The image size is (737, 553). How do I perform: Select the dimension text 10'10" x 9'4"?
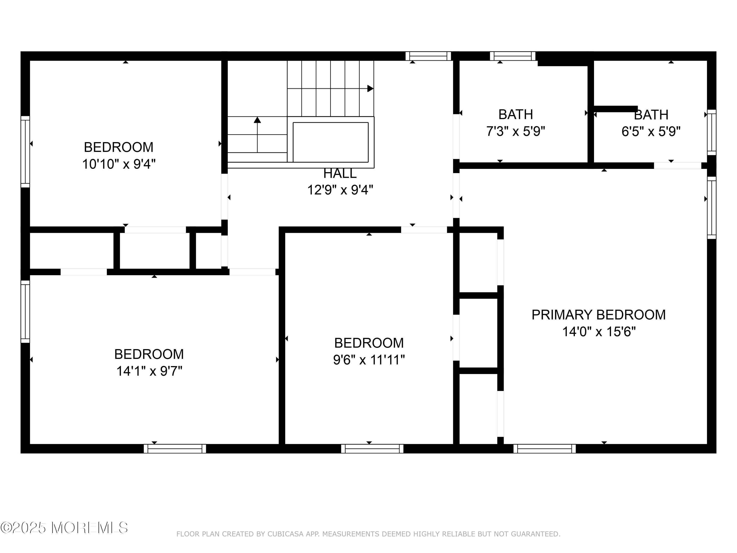tap(119, 164)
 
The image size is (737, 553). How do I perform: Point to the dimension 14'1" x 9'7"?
tap(149, 371)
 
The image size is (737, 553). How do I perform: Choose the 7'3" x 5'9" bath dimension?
tap(515, 131)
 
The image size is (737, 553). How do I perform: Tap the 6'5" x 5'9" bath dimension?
tap(651, 131)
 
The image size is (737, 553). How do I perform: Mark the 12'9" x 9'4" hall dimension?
tap(340, 190)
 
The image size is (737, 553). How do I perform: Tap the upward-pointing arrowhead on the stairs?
tap(257, 120)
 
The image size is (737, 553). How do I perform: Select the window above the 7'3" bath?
tap(512, 56)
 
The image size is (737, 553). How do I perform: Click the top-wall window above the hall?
tap(428, 56)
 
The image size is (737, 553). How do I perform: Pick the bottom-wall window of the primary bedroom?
tap(544, 449)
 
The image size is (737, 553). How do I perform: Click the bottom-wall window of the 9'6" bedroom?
tap(372, 449)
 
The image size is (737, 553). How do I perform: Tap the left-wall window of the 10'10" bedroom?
tap(25, 152)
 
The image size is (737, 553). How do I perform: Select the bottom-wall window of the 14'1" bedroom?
tap(175, 449)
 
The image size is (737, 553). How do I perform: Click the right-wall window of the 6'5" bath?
tap(712, 132)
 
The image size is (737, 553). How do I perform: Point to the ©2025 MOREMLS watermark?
tap(64, 528)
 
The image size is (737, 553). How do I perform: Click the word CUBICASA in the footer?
tap(285, 534)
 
